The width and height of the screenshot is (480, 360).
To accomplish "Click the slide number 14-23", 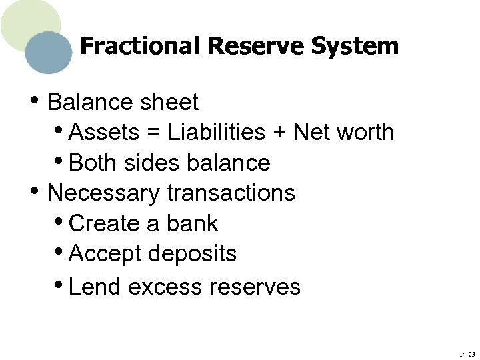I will point(467,354).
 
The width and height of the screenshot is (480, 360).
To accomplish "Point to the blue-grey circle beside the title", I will point(49,53).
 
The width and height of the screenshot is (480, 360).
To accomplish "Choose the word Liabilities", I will point(217,132).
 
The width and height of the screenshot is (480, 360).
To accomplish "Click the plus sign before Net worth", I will point(279,133).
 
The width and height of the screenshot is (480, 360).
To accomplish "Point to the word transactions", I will point(231,193).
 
